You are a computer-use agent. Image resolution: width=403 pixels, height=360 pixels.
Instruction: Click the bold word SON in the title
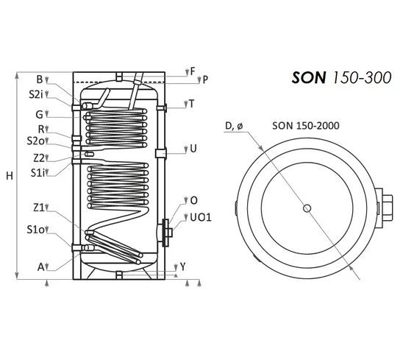tap(309, 77)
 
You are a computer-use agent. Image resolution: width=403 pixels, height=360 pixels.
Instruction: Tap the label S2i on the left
tap(35, 94)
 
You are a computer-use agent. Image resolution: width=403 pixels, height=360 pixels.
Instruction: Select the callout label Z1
tap(39, 208)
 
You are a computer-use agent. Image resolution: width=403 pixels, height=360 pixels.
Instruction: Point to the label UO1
tap(201, 217)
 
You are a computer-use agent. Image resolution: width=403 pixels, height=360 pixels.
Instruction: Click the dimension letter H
tap(10, 176)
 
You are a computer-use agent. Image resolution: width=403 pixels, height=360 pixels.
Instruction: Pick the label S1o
tap(36, 229)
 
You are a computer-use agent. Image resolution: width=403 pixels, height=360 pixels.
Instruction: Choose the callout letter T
tap(192, 104)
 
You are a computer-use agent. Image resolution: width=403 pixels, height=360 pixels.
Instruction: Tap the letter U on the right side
tap(193, 149)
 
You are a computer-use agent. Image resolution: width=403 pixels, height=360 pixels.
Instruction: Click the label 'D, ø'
tap(234, 126)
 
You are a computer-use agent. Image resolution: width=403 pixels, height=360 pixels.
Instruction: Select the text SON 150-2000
tap(306, 126)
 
